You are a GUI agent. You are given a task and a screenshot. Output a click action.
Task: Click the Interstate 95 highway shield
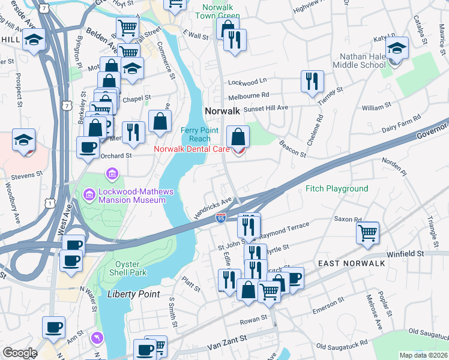[x=221, y=218]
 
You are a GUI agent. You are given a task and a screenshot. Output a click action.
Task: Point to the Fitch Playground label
[x=337, y=188]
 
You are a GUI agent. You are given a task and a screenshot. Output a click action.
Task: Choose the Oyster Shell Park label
[x=127, y=268]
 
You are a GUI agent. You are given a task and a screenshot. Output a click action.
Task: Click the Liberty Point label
[x=133, y=294]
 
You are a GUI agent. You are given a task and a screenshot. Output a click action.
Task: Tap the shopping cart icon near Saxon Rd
[x=367, y=232]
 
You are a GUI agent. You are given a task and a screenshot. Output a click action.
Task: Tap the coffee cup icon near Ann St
[x=53, y=327]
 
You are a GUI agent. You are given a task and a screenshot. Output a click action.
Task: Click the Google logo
[x=19, y=353]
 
